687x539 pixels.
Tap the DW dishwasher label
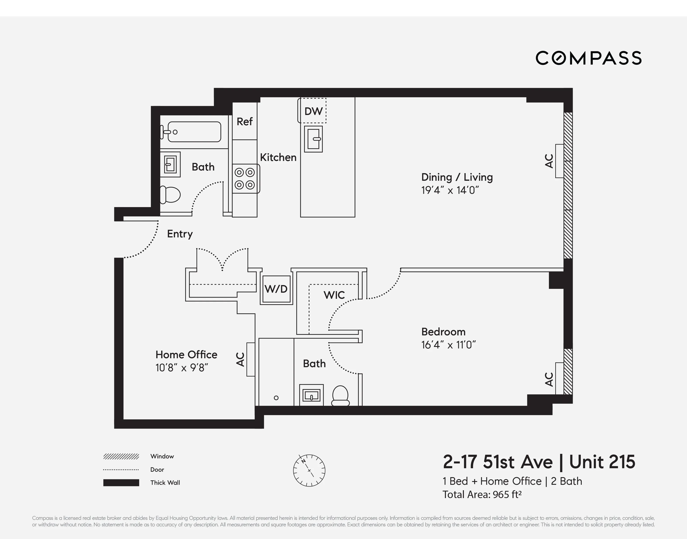click(313, 111)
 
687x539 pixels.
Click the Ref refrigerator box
click(244, 121)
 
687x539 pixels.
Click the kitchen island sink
click(313, 139)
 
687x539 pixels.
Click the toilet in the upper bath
click(170, 195)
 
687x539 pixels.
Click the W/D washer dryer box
click(276, 289)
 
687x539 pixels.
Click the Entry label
click(180, 234)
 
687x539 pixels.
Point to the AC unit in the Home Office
click(250, 359)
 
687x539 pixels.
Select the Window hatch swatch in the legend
click(121, 456)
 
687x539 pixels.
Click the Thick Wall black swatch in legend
click(121, 483)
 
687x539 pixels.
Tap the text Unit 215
click(602, 462)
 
